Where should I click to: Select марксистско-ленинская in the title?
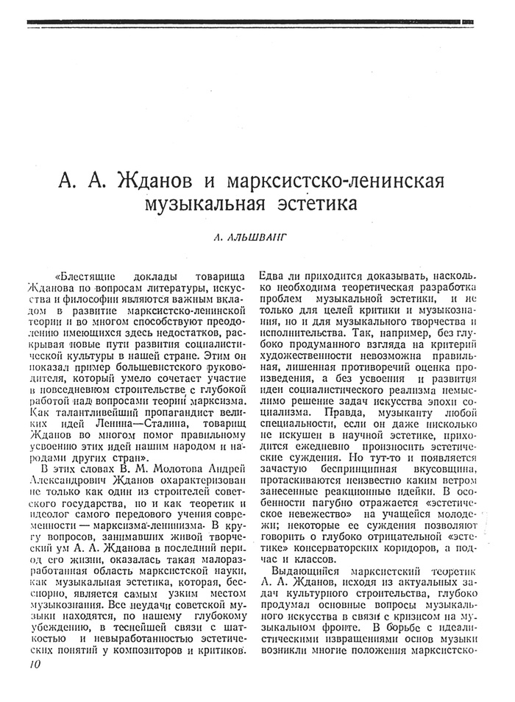point(344,180)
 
